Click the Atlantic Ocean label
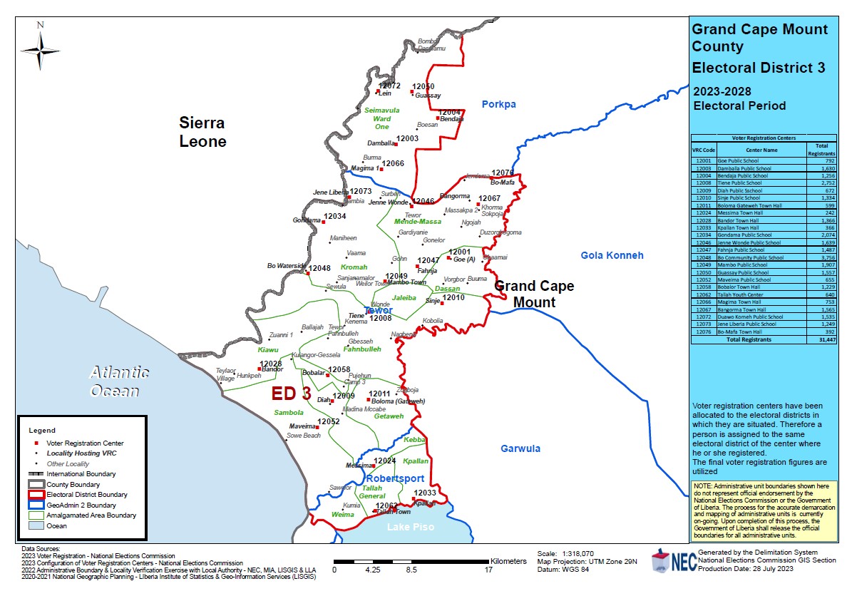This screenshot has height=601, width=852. pos(119,381)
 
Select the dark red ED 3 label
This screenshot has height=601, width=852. pos(291,394)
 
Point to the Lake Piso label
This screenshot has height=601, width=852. pos(409,527)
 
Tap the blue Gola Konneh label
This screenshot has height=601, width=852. pos(612,255)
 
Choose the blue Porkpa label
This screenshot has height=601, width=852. pos(498,105)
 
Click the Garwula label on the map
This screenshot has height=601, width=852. pos(520,448)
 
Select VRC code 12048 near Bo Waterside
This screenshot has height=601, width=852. pos(319,268)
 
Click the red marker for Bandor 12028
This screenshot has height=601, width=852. pos(260,369)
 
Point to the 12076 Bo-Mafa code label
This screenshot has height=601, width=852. pos(503,173)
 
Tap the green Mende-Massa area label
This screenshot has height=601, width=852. pos(418,222)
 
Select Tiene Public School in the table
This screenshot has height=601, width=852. pos(743,183)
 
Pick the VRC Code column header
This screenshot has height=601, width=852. pos(704,150)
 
